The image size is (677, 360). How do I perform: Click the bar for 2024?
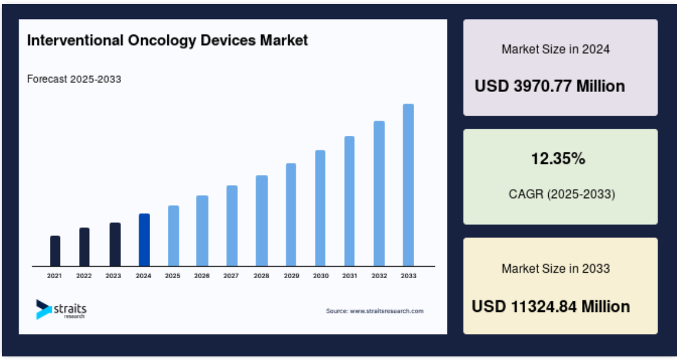point(144,240)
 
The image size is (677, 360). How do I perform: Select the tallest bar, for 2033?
point(408,185)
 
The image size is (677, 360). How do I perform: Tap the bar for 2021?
point(55,251)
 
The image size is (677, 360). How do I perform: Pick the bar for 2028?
point(262,221)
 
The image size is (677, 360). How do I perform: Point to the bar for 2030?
point(320,208)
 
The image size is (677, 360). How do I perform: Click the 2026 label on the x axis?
point(202,276)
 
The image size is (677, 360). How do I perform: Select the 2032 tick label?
point(379,276)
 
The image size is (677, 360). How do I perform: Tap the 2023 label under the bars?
point(113,276)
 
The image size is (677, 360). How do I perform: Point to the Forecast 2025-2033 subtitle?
point(74,79)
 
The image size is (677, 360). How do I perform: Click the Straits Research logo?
point(61,310)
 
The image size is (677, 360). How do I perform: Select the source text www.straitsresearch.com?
point(386,311)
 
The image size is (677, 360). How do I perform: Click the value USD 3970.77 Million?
point(549,86)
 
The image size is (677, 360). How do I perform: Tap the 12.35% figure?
point(558,159)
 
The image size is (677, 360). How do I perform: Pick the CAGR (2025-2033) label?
point(562,195)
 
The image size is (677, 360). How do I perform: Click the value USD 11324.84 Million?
point(551,307)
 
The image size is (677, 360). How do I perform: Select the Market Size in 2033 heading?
point(556,269)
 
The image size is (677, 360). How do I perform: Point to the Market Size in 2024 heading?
point(556,49)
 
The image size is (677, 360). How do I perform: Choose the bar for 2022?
point(84,247)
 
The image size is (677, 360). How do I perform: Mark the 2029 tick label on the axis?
point(291,276)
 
